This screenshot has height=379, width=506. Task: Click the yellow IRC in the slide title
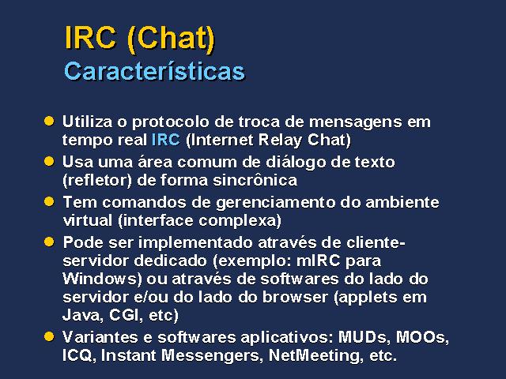(x=90, y=37)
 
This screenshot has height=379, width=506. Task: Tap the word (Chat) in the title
(x=171, y=39)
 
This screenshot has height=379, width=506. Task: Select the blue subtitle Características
(x=155, y=71)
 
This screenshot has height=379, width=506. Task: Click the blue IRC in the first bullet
(x=165, y=140)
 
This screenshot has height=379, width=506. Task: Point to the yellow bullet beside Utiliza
(x=49, y=121)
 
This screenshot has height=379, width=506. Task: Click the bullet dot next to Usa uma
(x=49, y=161)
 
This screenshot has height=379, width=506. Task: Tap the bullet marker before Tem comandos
(x=49, y=202)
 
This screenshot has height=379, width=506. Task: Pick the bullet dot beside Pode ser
(x=49, y=242)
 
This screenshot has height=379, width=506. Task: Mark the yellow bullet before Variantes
(x=49, y=336)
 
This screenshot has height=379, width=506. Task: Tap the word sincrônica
(x=255, y=180)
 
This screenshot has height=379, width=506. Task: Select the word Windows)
(x=102, y=279)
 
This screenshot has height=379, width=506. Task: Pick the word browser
(x=295, y=297)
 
